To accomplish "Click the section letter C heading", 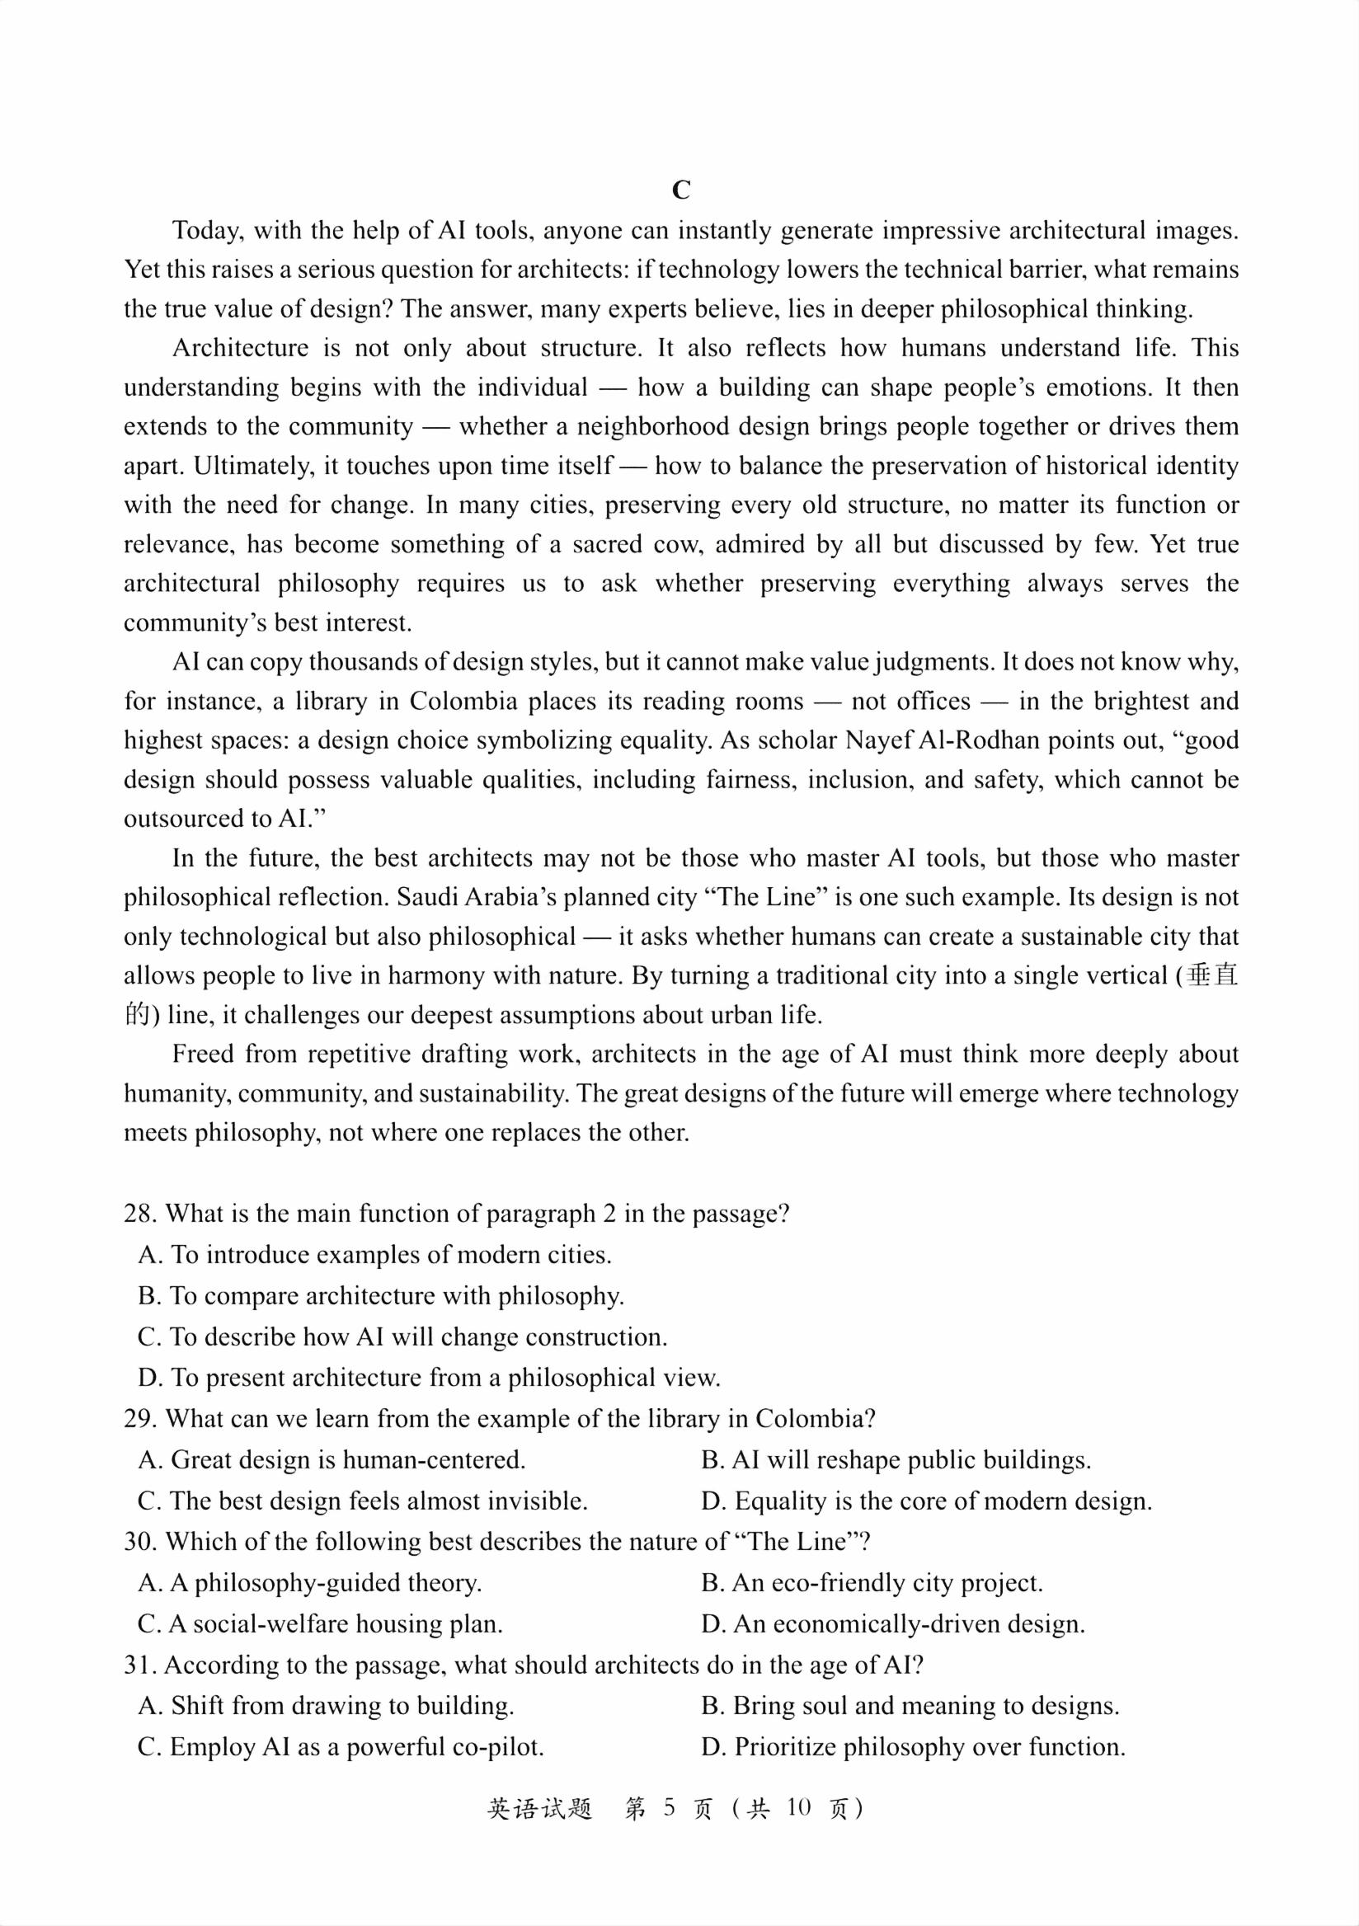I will coord(680,190).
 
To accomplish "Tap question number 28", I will coord(139,1214).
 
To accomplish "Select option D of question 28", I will coord(429,1378).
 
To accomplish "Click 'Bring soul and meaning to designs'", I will coord(910,1705).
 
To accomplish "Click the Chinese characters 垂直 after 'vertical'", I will coord(1213,975).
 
